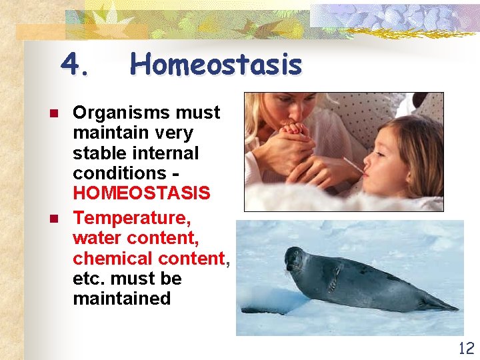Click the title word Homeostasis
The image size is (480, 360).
click(x=215, y=65)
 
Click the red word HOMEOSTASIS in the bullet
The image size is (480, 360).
click(x=141, y=193)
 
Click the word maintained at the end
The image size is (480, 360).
click(x=122, y=299)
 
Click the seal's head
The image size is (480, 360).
click(x=295, y=259)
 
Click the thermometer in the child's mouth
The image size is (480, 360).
click(x=353, y=167)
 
